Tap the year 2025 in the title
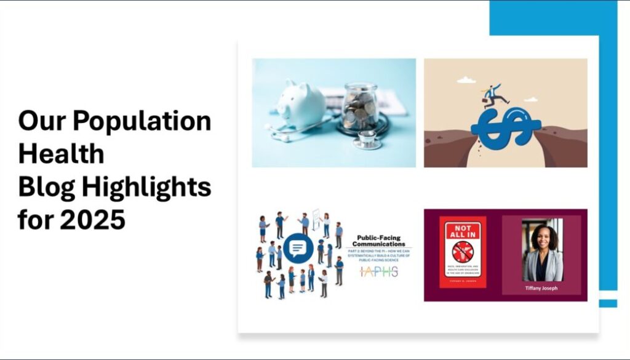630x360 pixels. [93, 220]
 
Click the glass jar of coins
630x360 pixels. [360, 109]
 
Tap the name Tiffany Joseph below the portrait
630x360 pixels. [542, 288]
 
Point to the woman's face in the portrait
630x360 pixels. [541, 238]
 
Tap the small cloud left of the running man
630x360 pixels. [466, 80]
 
